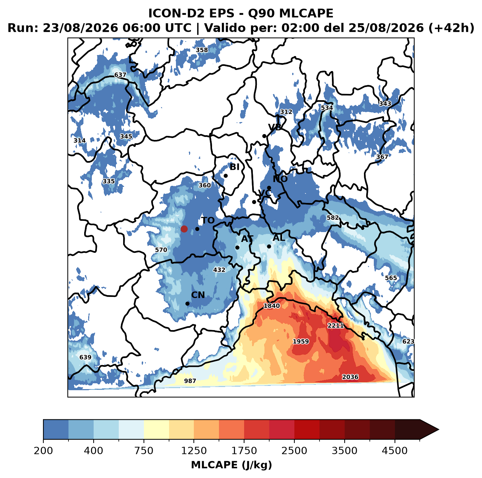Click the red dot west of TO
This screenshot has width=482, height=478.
[x=184, y=229]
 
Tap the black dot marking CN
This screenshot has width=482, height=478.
[x=187, y=303]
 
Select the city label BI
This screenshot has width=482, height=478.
[x=235, y=167]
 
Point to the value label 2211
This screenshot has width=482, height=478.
[x=336, y=325]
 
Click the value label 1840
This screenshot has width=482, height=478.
[x=272, y=306]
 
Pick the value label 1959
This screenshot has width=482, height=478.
[x=301, y=341]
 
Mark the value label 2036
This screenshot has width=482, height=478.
[x=350, y=377]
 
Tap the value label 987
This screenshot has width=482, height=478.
[x=190, y=381]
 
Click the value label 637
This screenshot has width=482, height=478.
[x=120, y=75]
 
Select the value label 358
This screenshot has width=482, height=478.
[x=202, y=50]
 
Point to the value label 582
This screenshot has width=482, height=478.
[x=333, y=218]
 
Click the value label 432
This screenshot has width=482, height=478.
[x=219, y=270]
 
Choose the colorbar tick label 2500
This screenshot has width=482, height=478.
[x=294, y=451]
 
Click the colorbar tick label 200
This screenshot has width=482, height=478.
[x=43, y=451]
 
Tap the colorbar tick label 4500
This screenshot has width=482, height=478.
[x=395, y=451]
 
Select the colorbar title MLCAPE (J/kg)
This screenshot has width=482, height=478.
[x=232, y=465]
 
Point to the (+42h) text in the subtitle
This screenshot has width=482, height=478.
[x=451, y=28]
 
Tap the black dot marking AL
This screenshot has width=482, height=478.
[x=269, y=246]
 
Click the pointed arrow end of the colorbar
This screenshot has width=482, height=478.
[x=438, y=430]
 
